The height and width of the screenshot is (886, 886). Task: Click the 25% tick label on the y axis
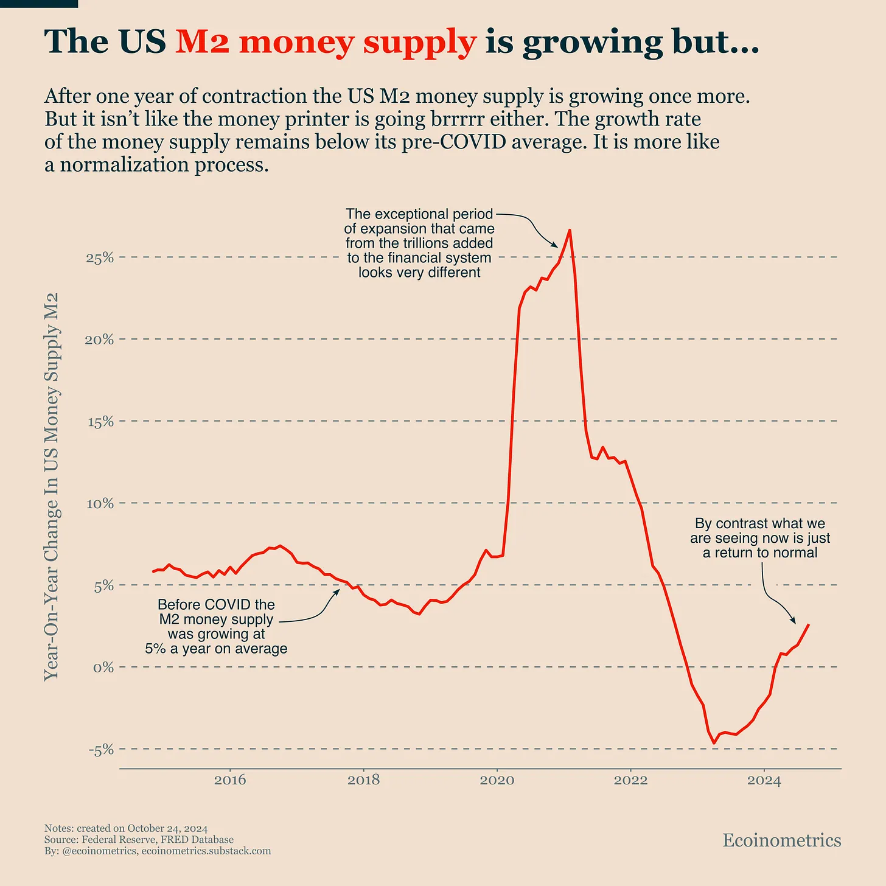100,257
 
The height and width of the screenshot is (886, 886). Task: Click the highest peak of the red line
569,230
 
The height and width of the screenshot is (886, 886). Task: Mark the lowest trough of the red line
714,743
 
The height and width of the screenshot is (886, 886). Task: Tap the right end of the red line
808,625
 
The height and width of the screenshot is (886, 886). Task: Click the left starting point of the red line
153,572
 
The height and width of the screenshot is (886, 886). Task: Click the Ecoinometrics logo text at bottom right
781,840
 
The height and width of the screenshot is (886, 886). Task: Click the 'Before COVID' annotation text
216,605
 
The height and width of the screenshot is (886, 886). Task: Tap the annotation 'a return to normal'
760,553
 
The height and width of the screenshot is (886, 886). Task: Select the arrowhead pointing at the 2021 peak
555,245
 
